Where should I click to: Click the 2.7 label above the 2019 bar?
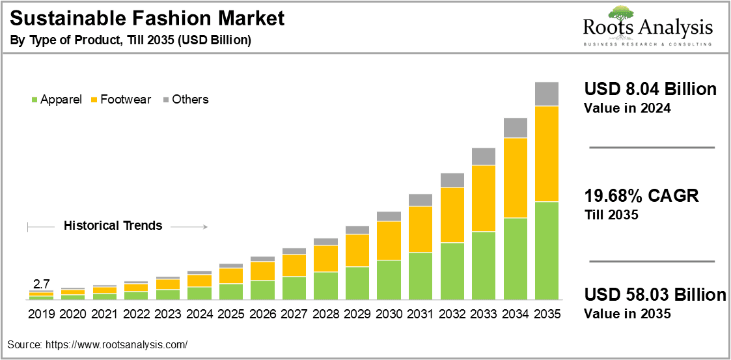42,284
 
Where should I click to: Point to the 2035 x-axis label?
547,314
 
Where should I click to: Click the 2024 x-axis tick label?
199,314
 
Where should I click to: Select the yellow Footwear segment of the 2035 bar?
547,154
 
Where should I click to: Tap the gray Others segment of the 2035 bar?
547,94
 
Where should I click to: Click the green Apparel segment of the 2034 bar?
515,258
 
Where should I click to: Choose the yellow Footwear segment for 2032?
452,215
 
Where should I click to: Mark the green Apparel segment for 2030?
389,279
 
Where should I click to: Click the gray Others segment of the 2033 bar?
484,156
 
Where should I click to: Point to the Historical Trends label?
113,226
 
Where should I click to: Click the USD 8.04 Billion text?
650,89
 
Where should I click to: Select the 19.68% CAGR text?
641,196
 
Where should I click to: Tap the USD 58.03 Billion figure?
655,295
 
